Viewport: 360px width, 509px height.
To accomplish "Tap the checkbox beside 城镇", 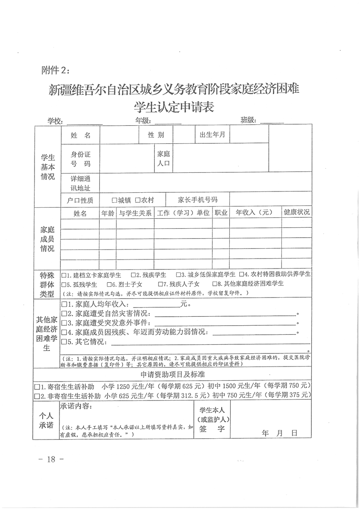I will (x=115, y=200).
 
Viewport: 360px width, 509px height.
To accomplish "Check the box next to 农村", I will (x=137, y=200).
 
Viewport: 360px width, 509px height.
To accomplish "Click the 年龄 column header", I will (x=108, y=213).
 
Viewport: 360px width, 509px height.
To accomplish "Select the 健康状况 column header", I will (x=296, y=212).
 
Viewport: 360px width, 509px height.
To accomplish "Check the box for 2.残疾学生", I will (x=133, y=275).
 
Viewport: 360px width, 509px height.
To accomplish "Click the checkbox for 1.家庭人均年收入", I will (x=64, y=304).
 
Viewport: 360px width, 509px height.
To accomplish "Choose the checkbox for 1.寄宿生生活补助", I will (x=38, y=387).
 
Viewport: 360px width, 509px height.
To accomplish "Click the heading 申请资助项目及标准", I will (x=173, y=375).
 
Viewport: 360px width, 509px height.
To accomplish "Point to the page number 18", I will (x=50, y=459).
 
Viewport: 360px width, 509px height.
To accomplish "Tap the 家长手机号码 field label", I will (x=197, y=200).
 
